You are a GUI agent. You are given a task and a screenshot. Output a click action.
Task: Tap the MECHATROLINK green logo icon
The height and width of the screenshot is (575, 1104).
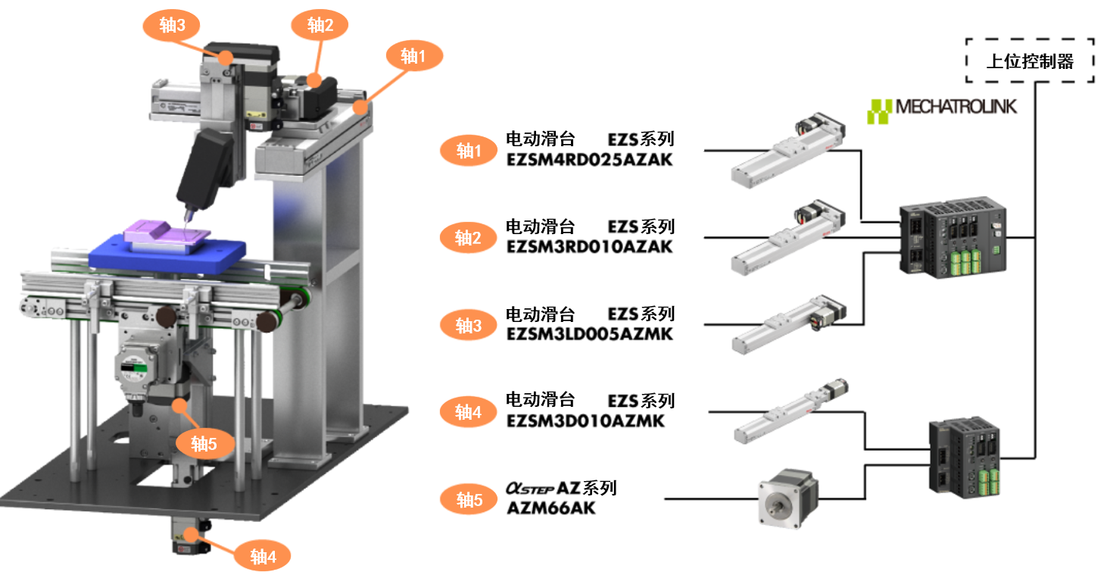(x=879, y=111)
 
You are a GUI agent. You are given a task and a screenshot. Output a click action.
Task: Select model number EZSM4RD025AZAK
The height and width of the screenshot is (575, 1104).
(x=589, y=160)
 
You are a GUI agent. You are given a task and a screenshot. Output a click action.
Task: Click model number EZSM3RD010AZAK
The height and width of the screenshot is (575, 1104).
(x=589, y=246)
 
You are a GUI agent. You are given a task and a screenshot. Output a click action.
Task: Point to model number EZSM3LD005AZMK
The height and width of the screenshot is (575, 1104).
(x=589, y=334)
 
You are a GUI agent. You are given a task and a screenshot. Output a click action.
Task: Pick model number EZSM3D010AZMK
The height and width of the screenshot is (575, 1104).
(x=585, y=421)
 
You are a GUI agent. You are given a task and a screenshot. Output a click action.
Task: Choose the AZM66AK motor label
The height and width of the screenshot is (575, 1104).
(x=551, y=508)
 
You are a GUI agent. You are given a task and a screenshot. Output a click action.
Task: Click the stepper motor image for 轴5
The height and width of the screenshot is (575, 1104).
(x=788, y=498)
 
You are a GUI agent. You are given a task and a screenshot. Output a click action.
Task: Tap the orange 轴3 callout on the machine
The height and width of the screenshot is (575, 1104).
(x=172, y=25)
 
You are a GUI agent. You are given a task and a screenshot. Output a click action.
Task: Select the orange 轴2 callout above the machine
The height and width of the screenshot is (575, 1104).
(x=320, y=25)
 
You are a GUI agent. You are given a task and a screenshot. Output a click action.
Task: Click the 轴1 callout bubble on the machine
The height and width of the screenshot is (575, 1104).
(x=414, y=56)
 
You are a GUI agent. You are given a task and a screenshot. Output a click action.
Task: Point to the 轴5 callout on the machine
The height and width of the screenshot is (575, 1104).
(x=204, y=444)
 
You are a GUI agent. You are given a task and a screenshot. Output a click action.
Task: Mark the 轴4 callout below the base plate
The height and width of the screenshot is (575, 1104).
(x=262, y=556)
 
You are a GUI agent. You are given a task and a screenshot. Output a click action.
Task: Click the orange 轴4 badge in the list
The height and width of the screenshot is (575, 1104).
(x=468, y=412)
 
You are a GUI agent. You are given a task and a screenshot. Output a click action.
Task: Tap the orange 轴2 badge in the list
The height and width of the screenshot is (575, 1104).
(x=468, y=238)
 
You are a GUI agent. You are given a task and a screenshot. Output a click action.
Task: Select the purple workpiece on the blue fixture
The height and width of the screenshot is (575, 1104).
(x=166, y=236)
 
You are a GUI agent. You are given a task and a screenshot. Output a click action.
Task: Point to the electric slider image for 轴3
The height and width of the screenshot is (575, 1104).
(x=788, y=324)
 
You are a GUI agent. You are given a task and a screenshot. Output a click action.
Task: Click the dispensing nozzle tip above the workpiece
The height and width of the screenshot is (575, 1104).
(x=187, y=220)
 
